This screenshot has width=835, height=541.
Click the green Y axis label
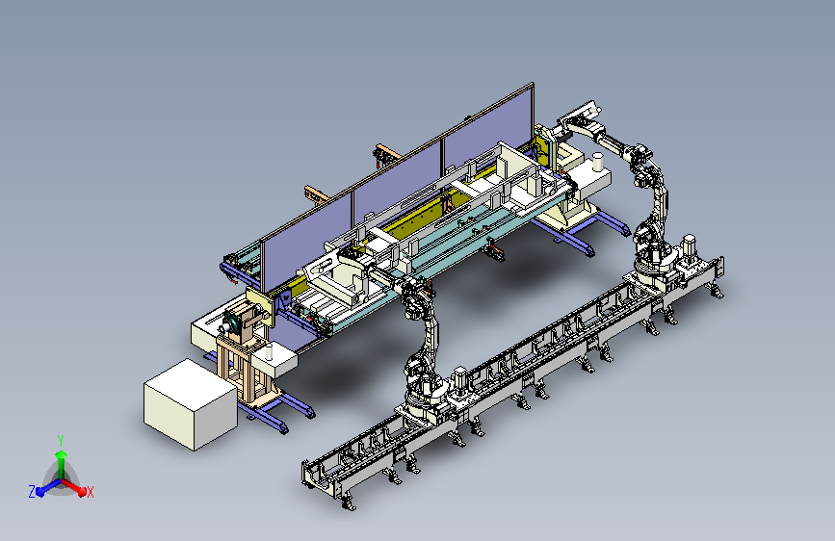(61, 441)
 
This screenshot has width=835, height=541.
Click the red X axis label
(90, 493)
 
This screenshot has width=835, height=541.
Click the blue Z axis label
(32, 492)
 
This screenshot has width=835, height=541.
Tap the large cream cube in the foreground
(191, 404)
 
